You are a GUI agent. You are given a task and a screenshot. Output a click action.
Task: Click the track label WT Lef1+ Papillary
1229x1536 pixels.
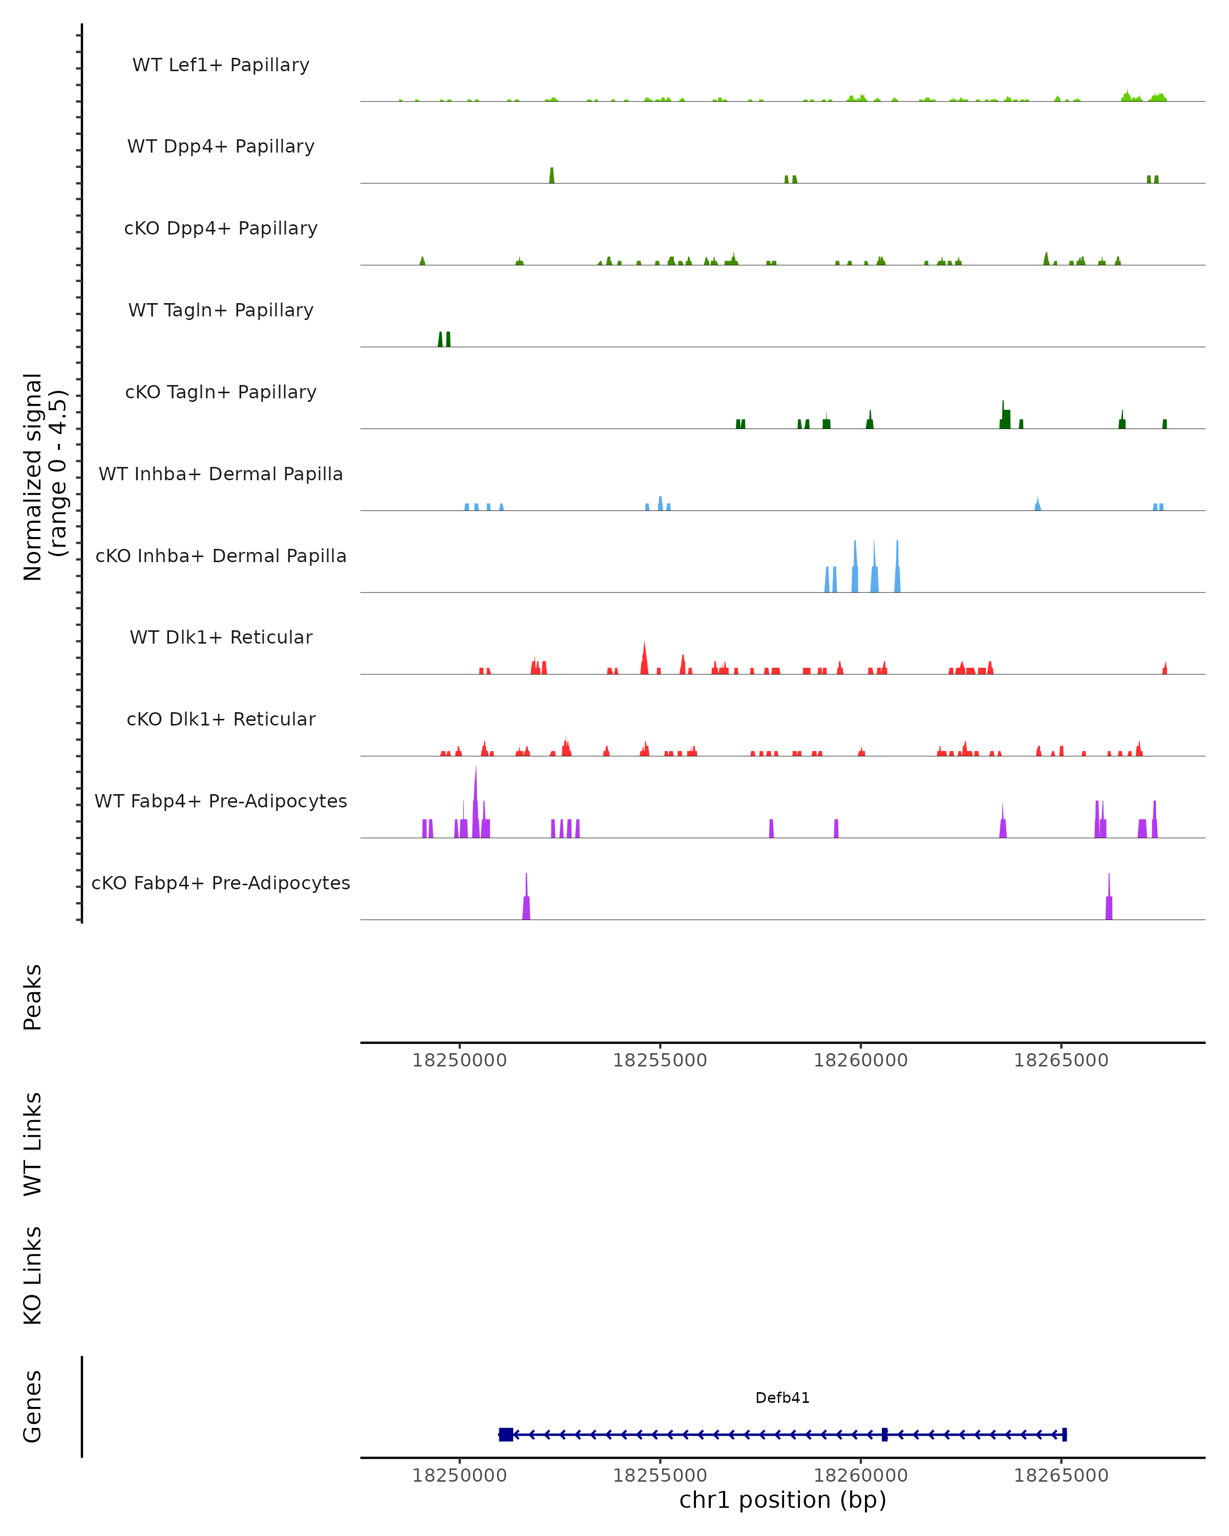pyautogui.click(x=221, y=65)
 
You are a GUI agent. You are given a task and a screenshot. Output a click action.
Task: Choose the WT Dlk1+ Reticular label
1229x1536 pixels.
pyautogui.click(x=221, y=637)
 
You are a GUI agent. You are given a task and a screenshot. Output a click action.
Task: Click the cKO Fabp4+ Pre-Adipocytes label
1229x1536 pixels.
pyautogui.click(x=221, y=883)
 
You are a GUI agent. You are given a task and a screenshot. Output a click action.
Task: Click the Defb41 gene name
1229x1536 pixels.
pyautogui.click(x=782, y=1398)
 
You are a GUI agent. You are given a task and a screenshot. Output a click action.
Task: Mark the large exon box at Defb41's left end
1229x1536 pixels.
pyautogui.click(x=506, y=1435)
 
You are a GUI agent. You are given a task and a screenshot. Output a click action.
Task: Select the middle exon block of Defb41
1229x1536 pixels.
pyautogui.click(x=884, y=1435)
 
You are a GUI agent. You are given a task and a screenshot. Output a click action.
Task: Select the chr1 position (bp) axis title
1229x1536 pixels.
pyautogui.click(x=782, y=1500)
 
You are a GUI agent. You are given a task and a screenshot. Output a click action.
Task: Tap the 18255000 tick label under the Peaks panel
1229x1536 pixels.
pyautogui.click(x=660, y=1060)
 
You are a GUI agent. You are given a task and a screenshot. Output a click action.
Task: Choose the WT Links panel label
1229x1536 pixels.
pyautogui.click(x=33, y=1143)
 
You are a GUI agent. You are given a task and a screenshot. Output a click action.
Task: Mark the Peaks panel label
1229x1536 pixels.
pyautogui.click(x=33, y=997)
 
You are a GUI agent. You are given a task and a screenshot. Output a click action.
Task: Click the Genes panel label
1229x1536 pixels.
pyautogui.click(x=33, y=1406)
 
